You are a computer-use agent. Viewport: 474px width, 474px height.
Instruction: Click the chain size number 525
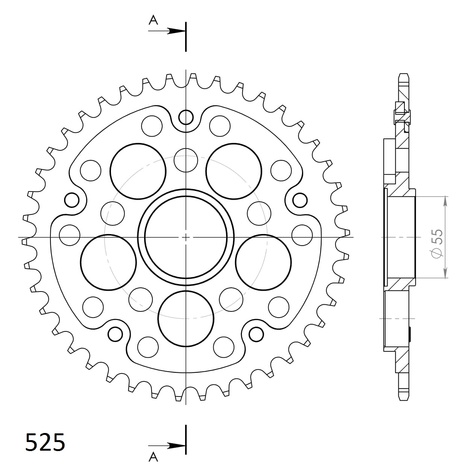(45, 442)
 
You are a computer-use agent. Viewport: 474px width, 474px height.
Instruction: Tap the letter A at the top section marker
(153, 20)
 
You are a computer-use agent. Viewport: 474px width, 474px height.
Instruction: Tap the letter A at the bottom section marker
(153, 457)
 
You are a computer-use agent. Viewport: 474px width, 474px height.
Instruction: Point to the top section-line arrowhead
(176, 31)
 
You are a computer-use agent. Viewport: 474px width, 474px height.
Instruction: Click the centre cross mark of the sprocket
(186, 237)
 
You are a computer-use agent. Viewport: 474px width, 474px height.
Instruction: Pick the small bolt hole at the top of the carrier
(186, 117)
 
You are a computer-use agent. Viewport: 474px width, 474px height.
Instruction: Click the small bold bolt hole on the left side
(71, 200)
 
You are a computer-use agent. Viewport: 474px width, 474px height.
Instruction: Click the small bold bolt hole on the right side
(300, 200)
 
